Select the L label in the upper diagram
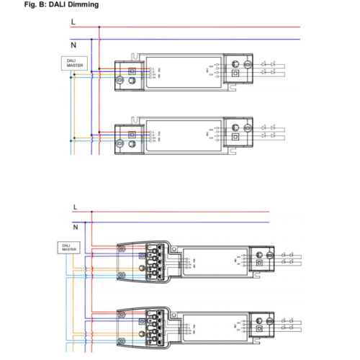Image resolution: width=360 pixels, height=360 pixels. tap(73, 22)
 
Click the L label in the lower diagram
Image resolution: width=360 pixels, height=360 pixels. tap(74, 207)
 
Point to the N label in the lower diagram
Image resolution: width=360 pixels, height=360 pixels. tap(74, 225)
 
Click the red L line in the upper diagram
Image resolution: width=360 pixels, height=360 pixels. tap(194, 27)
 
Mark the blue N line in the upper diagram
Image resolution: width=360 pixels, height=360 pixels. tap(194, 39)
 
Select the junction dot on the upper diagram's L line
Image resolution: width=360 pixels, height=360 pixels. tap(99, 27)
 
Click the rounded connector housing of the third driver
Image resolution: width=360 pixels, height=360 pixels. tap(144, 262)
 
